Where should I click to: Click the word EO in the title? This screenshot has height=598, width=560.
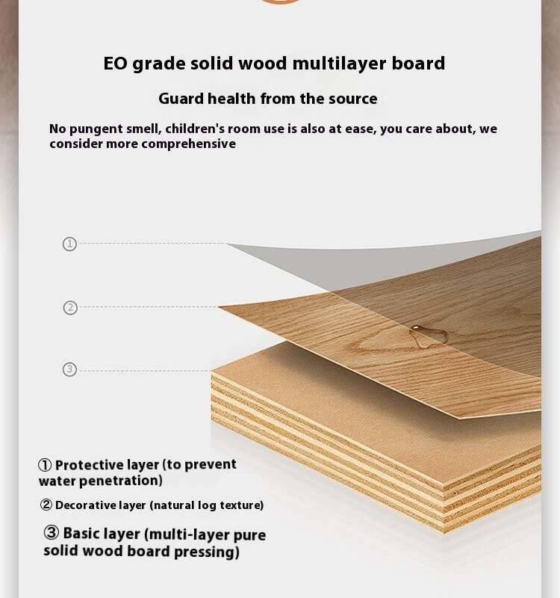(x=116, y=64)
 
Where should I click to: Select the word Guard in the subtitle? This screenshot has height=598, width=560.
(x=181, y=99)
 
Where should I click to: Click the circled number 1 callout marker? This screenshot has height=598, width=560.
(x=69, y=244)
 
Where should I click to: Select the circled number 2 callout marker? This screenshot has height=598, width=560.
(x=70, y=308)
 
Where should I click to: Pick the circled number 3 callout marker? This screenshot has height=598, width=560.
(x=69, y=369)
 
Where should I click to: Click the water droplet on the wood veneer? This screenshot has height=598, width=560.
(x=428, y=336)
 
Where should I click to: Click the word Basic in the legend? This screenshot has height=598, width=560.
(x=81, y=534)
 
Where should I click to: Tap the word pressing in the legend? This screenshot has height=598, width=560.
(x=207, y=552)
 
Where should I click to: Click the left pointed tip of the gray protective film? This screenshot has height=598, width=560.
(x=227, y=244)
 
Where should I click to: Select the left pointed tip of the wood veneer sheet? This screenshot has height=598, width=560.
(x=218, y=306)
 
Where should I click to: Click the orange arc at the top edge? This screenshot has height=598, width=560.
(x=280, y=2)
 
